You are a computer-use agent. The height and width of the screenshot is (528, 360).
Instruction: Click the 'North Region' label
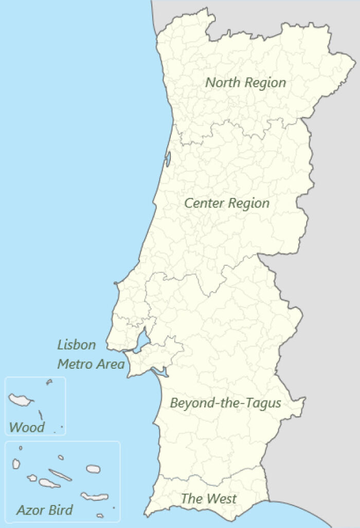point(245,82)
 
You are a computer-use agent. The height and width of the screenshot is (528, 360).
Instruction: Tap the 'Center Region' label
point(227,203)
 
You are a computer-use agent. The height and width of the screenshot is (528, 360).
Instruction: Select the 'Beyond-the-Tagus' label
point(225,403)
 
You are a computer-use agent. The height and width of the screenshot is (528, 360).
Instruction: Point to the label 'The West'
point(208,498)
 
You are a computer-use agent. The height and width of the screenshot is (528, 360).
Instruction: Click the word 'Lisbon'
point(76,344)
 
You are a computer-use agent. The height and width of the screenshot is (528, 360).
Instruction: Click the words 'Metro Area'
point(91,365)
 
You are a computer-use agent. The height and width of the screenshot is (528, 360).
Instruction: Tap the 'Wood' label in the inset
point(27,427)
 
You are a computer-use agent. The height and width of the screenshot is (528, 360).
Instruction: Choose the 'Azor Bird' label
point(44,510)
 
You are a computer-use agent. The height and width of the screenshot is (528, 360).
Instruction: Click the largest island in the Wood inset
point(21,399)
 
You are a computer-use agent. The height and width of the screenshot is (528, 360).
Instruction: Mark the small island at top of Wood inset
point(49,381)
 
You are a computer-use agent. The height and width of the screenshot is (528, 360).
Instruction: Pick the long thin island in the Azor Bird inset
point(60,475)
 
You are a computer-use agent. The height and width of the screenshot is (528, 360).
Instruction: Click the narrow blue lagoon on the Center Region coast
point(168,159)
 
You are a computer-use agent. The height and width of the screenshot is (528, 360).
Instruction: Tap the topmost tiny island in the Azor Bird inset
point(21,448)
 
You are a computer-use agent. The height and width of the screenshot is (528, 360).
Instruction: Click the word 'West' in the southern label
point(222,498)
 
